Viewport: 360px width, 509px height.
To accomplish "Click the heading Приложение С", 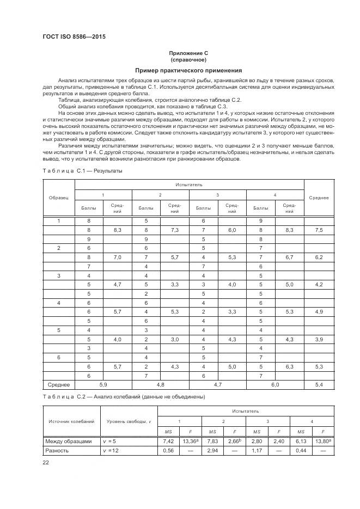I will click(x=188, y=53).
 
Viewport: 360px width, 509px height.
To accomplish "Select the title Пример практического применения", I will click(x=188, y=70).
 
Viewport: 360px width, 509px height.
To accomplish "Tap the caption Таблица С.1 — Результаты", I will click(x=82, y=171).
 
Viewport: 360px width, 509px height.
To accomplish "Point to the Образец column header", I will click(x=58, y=198).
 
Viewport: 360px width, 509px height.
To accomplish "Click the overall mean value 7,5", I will click(x=319, y=230).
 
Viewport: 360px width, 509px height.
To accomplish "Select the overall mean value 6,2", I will click(x=319, y=256).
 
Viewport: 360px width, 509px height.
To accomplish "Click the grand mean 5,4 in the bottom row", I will click(x=319, y=384).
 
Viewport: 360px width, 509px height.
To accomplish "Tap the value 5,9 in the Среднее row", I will click(x=103, y=384).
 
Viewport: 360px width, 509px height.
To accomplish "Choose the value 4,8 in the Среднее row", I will click(x=160, y=384).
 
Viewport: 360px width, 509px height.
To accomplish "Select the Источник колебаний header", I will click(x=71, y=421).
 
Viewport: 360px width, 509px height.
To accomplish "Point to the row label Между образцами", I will click(x=69, y=441).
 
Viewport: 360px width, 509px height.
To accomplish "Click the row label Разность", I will click(x=58, y=451).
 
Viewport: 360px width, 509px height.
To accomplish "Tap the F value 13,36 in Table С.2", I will click(x=190, y=441).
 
